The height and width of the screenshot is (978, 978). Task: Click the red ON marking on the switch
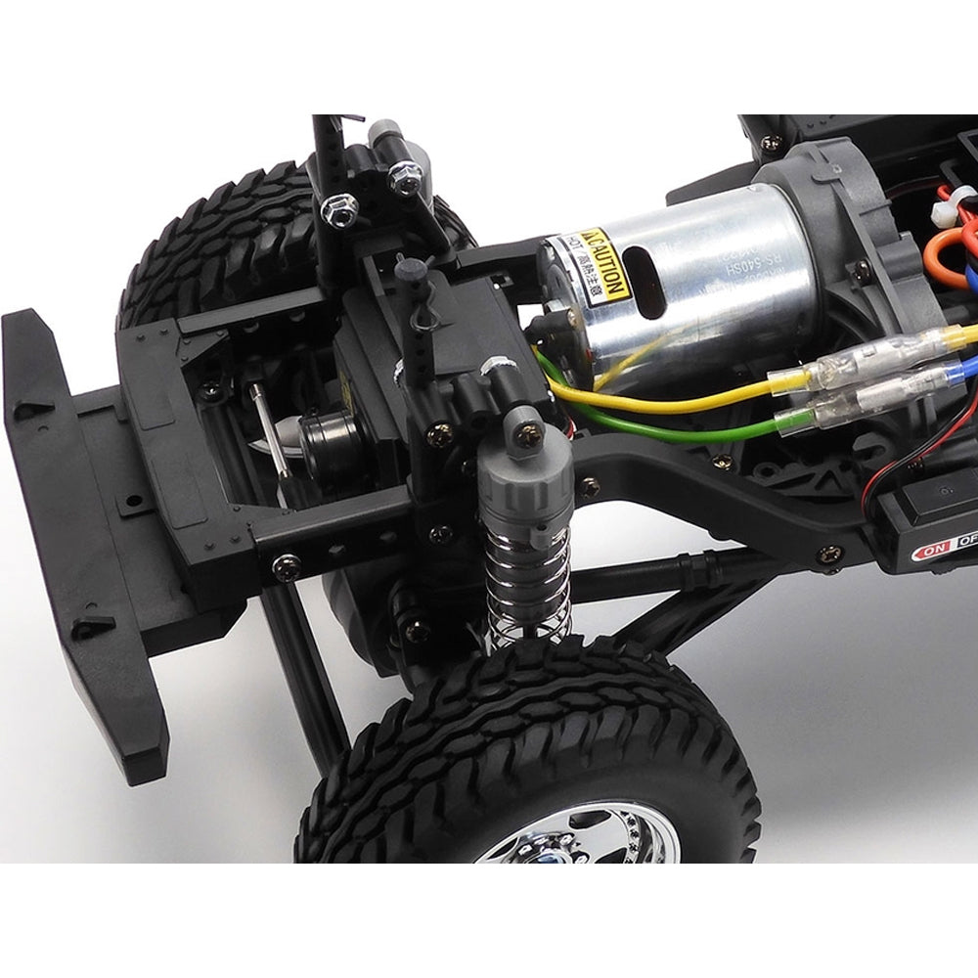coord(931,553)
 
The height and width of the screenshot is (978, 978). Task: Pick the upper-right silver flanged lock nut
coord(403,176)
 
